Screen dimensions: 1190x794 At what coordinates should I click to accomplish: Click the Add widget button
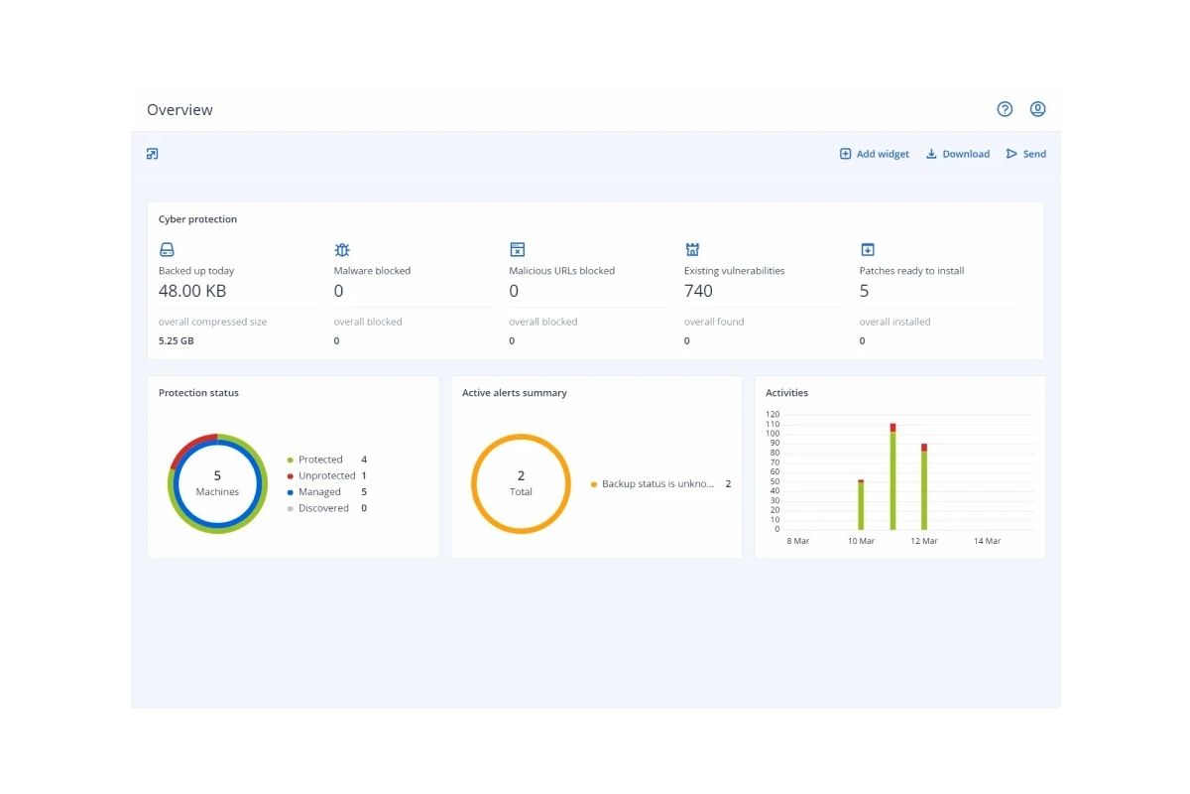pos(874,154)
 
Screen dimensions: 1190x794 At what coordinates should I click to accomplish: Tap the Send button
pos(1025,154)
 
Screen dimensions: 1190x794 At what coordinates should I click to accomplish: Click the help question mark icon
pos(1004,109)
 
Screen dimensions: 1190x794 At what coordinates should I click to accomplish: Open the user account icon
pos(1037,109)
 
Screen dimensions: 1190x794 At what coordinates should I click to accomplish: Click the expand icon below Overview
pos(153,154)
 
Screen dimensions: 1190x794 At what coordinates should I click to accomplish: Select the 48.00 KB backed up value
pos(192,291)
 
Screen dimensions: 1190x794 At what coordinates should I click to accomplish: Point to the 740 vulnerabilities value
pos(698,291)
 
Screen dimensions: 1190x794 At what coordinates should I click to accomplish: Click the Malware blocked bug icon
pos(342,249)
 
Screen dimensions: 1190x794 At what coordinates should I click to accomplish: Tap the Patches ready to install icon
pos(867,249)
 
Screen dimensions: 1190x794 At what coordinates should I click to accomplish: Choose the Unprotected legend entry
pos(326,475)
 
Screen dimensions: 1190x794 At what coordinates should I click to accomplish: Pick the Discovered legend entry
pos(326,508)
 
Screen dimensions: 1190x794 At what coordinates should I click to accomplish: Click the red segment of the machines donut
pos(188,446)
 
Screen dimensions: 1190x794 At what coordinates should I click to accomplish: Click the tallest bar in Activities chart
pos(892,476)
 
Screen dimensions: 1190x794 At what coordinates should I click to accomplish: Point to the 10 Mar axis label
pos(861,541)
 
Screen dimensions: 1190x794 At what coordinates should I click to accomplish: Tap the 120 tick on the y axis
pos(773,414)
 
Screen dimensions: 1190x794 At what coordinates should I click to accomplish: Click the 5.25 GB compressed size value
pos(176,340)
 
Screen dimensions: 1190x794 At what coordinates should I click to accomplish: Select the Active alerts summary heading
pos(515,393)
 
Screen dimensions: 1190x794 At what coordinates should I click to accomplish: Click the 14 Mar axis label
pos(987,541)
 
